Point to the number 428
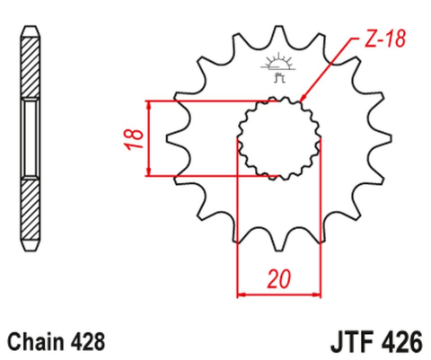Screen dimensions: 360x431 point(87,341)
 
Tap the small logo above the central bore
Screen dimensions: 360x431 point(280,66)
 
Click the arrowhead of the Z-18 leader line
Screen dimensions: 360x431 point(303,99)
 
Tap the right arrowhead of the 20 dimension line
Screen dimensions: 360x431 point(318,294)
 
